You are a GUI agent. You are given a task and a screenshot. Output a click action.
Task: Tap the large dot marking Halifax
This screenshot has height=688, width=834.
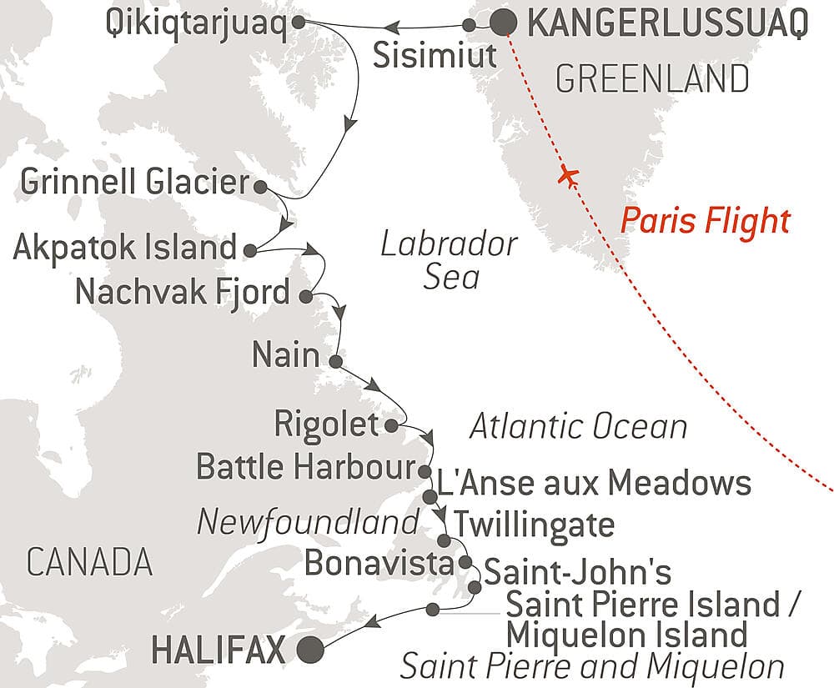312,648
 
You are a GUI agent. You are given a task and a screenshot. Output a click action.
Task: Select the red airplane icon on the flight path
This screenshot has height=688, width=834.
570,177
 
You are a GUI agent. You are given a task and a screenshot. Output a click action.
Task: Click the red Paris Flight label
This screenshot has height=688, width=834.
705,222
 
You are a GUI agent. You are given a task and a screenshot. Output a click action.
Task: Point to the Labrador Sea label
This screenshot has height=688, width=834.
449,261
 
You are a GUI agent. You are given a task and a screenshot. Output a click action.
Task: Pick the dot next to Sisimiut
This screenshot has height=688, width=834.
470,26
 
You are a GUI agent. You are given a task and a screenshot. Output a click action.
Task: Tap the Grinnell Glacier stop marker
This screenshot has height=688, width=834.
260,186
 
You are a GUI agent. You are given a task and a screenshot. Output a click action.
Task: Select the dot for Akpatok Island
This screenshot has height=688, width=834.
250,249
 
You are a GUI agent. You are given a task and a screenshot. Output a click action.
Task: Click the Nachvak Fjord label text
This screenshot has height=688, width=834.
183,294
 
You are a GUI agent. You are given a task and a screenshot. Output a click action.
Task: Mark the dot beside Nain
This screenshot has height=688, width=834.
334,362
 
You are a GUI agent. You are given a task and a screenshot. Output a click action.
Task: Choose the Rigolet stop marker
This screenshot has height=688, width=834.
392,426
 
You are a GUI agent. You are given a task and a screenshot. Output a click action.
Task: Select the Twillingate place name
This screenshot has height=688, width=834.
534,525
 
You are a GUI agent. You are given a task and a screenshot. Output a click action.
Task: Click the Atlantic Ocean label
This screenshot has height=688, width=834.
578,427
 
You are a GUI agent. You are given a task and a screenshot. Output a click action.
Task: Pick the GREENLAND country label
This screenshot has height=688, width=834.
651,79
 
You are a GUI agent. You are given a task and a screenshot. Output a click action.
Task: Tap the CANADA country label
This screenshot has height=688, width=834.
89,563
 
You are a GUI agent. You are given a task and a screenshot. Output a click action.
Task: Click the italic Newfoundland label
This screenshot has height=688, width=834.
307,523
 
